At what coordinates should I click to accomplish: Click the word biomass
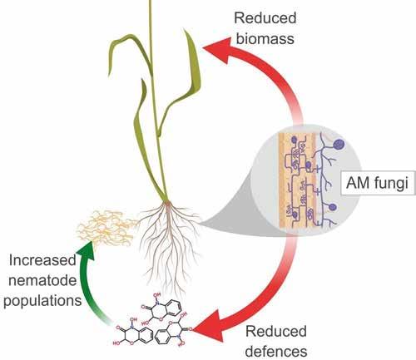click(265, 38)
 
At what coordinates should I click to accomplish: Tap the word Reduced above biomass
click(265, 18)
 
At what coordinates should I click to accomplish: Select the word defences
click(276, 352)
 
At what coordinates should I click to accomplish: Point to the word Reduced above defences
click(276, 331)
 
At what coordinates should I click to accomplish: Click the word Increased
click(42, 260)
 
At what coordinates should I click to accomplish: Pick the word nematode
click(42, 280)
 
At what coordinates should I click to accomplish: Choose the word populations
click(42, 301)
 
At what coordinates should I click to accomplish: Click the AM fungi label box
click(379, 183)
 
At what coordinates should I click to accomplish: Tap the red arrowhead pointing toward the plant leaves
click(219, 50)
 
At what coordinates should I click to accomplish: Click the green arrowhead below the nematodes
click(86, 251)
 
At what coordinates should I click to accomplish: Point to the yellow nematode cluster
click(106, 227)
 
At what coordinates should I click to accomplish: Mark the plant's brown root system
click(169, 244)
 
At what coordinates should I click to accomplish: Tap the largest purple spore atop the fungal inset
click(339, 144)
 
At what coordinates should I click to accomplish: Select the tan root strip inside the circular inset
click(297, 180)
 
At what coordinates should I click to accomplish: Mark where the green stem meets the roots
click(167, 201)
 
